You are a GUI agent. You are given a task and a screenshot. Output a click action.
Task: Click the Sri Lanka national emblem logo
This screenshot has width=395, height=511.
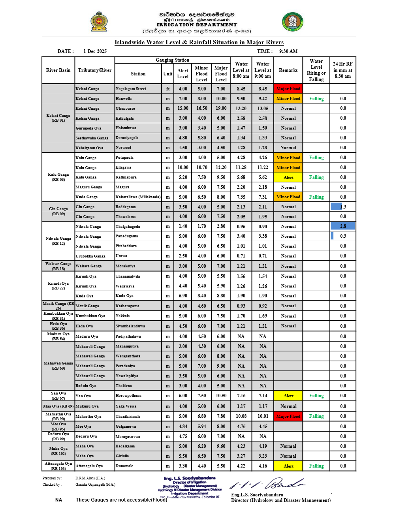99,22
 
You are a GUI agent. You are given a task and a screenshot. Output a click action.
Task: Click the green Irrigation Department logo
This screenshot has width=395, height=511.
293,22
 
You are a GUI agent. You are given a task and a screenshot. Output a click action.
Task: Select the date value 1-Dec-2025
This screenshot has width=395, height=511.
95,51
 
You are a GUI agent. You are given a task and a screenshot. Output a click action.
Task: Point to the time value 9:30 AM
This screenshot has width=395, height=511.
288,51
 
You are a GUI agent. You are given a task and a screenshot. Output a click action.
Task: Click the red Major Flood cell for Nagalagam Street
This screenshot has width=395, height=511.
288,89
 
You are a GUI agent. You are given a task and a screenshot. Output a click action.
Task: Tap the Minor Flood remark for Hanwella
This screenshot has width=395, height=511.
288,99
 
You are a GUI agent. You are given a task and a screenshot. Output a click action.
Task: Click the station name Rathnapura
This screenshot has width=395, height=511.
126,177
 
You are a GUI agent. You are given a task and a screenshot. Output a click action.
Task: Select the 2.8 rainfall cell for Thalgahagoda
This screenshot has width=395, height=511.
343,226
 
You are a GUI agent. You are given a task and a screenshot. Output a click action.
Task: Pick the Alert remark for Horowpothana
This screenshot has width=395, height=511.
288,396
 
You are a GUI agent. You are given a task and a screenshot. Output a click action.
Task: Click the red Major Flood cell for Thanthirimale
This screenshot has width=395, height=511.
288,416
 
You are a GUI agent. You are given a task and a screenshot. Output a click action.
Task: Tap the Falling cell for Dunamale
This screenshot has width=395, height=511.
316,466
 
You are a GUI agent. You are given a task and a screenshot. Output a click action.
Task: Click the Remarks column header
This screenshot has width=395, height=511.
288,70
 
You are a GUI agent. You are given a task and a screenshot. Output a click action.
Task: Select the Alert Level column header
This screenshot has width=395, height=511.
183,74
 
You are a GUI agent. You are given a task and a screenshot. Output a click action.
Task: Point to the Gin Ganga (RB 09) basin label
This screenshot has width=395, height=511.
58,211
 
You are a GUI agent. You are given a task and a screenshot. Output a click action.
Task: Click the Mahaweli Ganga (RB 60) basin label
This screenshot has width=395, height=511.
58,366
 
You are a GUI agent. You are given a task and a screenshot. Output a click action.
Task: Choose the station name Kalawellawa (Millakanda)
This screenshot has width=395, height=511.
138,197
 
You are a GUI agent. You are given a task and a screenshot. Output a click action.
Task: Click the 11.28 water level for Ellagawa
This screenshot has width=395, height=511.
241,167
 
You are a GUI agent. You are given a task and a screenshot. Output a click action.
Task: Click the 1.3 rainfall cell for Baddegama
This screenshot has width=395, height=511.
343,207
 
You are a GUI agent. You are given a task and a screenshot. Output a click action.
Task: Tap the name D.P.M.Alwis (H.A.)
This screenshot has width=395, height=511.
90,478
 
